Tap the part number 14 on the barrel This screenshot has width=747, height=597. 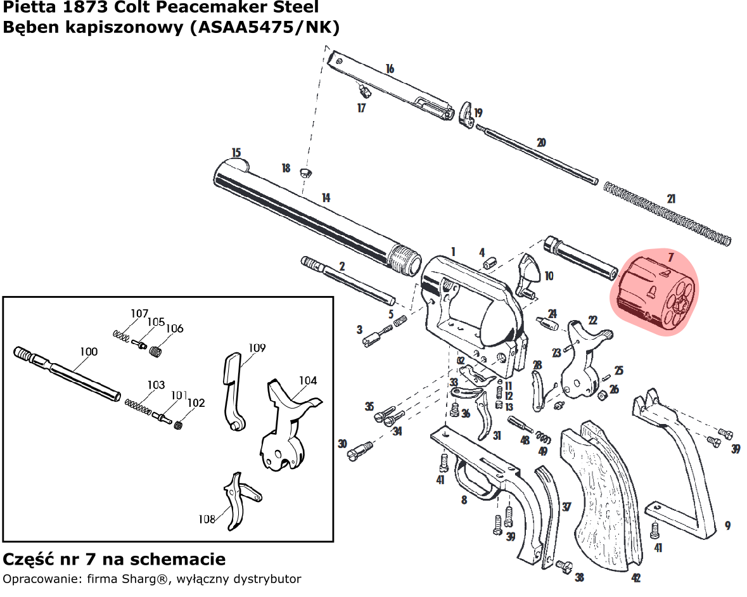(x=326, y=198)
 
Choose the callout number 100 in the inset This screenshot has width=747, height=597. (x=88, y=352)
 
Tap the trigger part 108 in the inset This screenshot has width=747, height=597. (x=238, y=501)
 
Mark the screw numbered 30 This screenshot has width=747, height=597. (x=359, y=451)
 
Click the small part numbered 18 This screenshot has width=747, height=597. (x=305, y=172)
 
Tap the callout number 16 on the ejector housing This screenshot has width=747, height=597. (x=390, y=68)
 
